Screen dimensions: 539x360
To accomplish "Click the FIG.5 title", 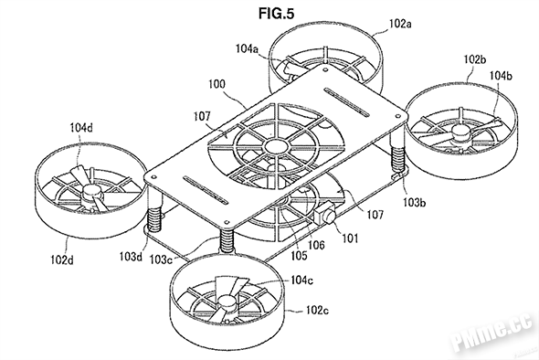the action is (276, 13).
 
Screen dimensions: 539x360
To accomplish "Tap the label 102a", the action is (400, 24).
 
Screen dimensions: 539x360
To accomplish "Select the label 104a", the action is (247, 48).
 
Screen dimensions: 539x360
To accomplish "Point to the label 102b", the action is (475, 59).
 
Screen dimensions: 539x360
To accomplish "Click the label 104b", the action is (501, 75).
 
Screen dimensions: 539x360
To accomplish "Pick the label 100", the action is (217, 84).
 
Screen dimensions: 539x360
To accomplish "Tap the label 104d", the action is (81, 128).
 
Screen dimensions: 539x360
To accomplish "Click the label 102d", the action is (62, 259).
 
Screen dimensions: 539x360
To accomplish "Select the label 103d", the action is (131, 256).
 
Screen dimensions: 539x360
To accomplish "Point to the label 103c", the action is (161, 259).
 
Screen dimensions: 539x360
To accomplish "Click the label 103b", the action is (414, 203).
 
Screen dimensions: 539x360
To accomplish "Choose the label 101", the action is (350, 238).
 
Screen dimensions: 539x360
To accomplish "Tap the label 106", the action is (316, 245).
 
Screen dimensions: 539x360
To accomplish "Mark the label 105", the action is (299, 255).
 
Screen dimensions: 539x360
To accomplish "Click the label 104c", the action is (301, 281).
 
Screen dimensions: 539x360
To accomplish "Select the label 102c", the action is (317, 310).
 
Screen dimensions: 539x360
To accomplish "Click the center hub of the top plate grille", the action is (276, 146).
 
